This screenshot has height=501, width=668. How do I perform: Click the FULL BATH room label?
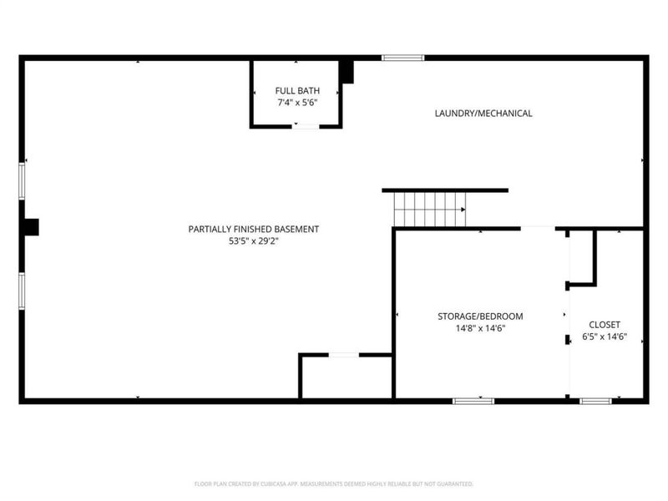tap(296, 90)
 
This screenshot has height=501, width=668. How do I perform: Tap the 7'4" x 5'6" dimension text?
tap(296, 103)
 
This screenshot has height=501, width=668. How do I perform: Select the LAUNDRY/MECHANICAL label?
tap(483, 114)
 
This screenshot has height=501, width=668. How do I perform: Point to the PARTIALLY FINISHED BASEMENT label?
tap(253, 229)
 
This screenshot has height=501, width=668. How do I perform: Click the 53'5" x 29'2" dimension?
tap(253, 242)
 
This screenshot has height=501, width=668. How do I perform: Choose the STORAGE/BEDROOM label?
tap(480, 316)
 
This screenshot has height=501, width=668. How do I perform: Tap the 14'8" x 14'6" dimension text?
tap(480, 329)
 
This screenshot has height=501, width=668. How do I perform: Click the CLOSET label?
tap(605, 325)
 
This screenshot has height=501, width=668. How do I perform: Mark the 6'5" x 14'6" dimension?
tap(605, 338)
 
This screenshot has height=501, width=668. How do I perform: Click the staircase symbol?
tap(429, 209)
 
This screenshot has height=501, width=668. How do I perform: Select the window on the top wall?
tap(403, 58)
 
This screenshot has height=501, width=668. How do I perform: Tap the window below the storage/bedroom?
tap(473, 401)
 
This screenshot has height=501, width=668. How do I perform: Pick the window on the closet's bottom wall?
tap(595, 401)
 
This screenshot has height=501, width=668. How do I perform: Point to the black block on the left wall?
tap(31, 227)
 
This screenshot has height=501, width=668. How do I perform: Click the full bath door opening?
tap(306, 126)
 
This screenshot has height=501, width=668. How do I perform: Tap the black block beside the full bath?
tap(347, 73)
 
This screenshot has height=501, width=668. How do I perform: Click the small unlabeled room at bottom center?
tap(347, 377)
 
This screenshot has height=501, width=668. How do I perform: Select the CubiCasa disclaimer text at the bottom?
tap(334, 483)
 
